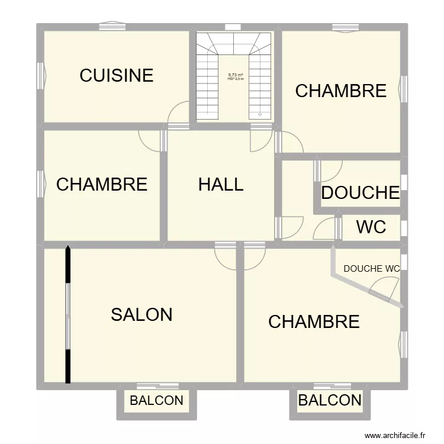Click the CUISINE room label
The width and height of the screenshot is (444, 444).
click(117, 75)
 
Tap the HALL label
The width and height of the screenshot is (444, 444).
click(221, 184)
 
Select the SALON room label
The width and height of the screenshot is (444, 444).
click(141, 314)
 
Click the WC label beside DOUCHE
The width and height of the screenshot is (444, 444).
click(371, 226)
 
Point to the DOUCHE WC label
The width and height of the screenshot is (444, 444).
click(371, 268)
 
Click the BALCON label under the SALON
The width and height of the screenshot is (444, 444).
click(156, 401)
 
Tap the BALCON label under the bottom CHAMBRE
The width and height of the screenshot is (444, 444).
click(330, 401)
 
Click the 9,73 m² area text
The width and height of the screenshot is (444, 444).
click(236, 75)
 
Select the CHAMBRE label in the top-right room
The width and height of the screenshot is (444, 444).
click(340, 91)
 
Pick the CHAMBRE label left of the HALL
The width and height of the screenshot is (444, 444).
click(101, 184)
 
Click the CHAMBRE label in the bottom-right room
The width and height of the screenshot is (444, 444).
click(314, 321)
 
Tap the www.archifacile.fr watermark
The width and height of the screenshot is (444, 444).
click(395, 435)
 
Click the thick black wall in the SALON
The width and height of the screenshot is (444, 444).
click(68, 314)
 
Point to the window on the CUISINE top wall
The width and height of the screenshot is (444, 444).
click(112, 27)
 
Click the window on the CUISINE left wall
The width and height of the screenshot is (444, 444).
click(41, 75)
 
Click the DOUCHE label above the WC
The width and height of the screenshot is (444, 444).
click(360, 193)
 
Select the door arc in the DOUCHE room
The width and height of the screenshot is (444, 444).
click(330, 172)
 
